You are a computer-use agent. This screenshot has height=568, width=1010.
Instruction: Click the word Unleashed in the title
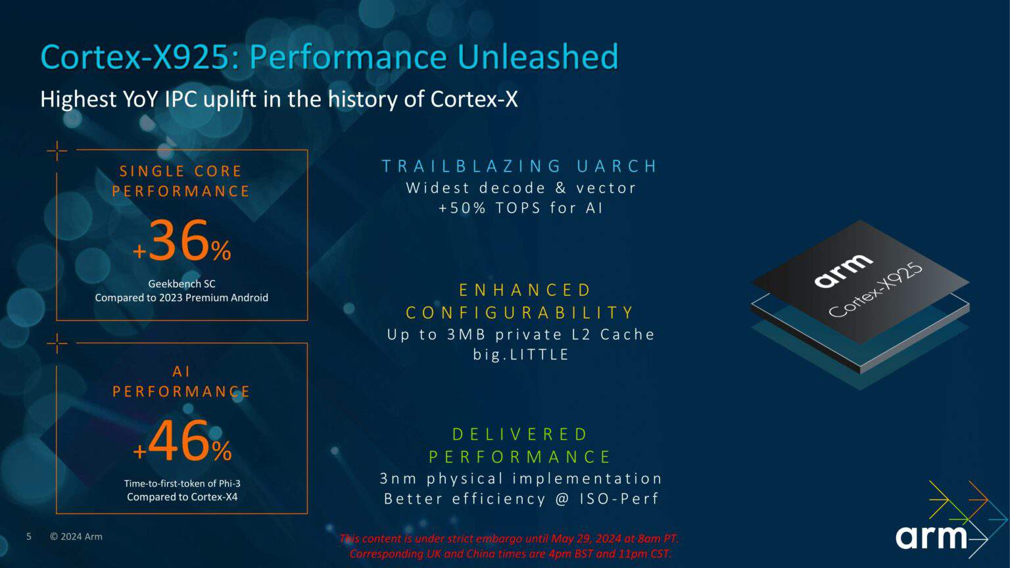point(537,57)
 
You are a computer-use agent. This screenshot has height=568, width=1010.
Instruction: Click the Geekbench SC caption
point(181,284)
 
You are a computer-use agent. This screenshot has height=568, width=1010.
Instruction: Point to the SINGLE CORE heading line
point(181,172)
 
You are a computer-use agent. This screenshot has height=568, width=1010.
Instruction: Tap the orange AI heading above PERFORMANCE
point(181,371)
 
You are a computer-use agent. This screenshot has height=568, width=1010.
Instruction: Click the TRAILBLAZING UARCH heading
point(519,166)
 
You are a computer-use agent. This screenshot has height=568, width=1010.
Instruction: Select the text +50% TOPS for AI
point(521,208)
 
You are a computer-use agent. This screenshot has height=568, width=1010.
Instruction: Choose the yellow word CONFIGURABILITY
point(520,312)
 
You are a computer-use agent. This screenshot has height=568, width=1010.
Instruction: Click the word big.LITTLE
point(521,354)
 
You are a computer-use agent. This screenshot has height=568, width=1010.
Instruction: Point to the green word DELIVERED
point(520,435)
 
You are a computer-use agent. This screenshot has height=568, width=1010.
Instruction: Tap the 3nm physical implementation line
point(521,479)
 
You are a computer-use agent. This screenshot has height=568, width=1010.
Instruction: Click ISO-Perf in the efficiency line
point(619,499)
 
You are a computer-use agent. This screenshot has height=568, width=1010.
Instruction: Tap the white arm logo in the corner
point(930,537)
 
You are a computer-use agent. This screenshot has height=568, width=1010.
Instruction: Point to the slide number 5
point(29,536)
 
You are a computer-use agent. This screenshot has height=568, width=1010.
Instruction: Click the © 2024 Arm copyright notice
point(76,536)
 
